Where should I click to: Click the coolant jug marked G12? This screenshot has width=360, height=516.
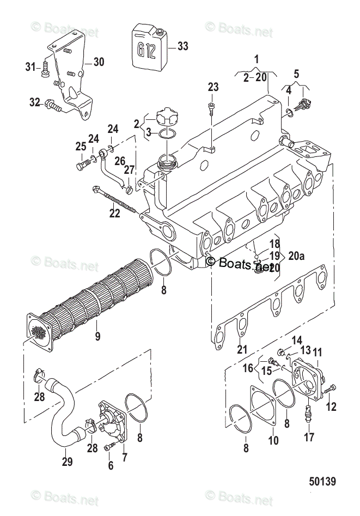[150, 49]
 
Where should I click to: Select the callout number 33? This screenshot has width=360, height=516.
[182, 46]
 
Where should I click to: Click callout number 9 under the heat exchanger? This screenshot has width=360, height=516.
[97, 336]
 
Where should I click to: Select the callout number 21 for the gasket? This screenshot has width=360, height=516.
[240, 349]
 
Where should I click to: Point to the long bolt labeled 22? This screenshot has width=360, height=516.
[114, 198]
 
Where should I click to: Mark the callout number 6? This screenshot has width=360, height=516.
[111, 465]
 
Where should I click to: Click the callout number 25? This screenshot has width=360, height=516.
[81, 147]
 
